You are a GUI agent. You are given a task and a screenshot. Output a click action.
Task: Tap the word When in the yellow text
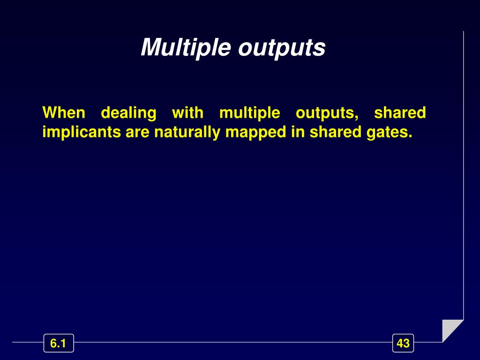click(64, 113)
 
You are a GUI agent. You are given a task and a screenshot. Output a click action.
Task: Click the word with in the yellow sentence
click(187, 113)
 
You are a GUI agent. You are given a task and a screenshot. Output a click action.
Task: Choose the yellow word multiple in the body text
click(249, 113)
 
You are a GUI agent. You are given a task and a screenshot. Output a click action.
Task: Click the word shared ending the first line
click(400, 113)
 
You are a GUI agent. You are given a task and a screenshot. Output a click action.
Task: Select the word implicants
click(82, 133)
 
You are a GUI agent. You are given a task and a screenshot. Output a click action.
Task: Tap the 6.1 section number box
click(58, 344)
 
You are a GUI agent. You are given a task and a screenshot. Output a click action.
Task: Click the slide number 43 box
click(403, 344)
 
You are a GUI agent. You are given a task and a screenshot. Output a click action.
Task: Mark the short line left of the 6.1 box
click(28, 343)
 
